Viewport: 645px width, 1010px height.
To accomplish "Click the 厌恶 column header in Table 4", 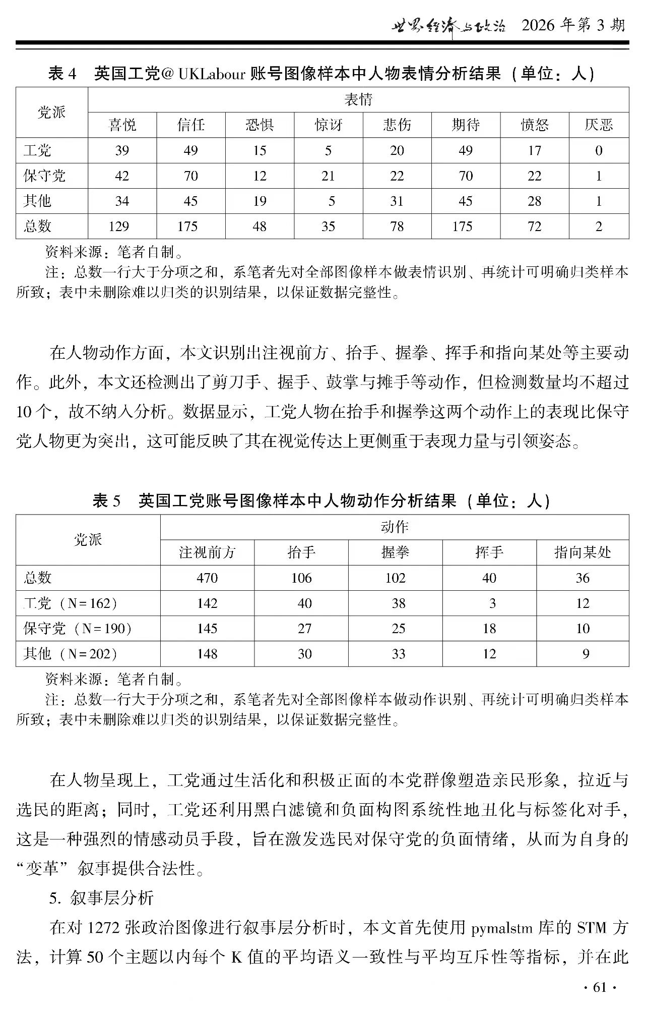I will point(599,125).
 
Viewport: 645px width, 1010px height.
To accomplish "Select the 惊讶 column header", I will point(328,125).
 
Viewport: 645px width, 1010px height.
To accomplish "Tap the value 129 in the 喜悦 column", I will point(119,226).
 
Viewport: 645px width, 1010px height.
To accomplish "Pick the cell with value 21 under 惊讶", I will point(328,176).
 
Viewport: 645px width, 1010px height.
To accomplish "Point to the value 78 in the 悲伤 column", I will point(397,226).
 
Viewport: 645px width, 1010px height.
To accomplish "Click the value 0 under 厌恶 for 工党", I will point(599,150).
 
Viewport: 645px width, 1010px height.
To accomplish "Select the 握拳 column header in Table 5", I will point(395,552).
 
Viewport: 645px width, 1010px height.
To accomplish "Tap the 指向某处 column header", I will point(583,552).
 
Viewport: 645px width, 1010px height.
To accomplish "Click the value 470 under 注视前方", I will point(207,578).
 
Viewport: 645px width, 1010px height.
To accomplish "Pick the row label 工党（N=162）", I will point(71,603).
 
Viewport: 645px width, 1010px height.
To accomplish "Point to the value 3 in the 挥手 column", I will point(492,603).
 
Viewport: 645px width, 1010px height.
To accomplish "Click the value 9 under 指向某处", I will point(586,654).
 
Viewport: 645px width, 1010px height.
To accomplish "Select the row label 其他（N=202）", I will point(71,654).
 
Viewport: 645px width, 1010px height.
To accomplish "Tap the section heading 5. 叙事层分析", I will point(101,897).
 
